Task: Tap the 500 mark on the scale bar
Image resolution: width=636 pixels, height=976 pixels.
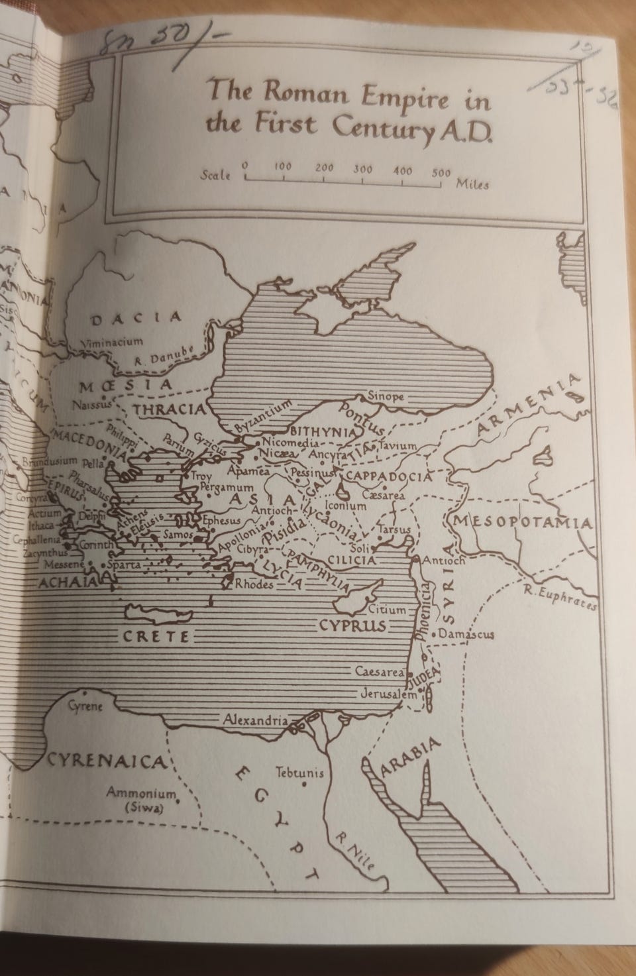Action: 441,173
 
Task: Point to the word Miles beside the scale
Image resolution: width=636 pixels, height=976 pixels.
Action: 472,184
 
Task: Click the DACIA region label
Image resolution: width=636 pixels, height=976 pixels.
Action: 136,318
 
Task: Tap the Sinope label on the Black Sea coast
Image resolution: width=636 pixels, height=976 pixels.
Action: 386,396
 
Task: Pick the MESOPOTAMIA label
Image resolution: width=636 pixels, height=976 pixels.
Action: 523,523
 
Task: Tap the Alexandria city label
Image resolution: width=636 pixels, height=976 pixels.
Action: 255,720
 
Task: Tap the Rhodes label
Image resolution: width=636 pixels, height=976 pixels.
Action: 254,584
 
